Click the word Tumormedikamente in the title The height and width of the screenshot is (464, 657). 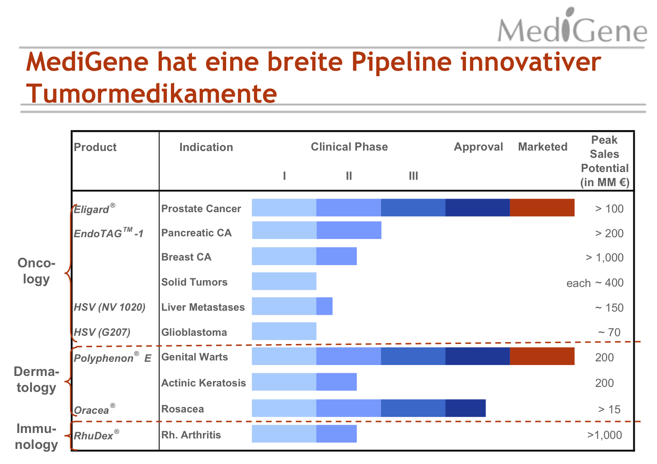[151, 94]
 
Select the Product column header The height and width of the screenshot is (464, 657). [95, 147]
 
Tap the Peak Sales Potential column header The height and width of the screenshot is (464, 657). [605, 161]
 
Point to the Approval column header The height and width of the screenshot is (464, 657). [478, 147]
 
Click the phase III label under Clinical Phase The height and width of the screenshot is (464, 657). [413, 176]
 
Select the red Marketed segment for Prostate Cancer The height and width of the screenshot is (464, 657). [542, 208]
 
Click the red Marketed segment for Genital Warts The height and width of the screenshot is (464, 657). [542, 356]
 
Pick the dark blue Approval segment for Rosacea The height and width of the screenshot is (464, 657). [465, 408]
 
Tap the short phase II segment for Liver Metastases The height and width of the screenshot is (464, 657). [324, 306]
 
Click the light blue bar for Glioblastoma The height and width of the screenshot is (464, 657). [284, 331]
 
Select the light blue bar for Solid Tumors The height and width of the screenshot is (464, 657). [284, 282]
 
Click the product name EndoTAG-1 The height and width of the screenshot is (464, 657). [109, 233]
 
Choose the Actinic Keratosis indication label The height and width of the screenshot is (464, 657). [203, 383]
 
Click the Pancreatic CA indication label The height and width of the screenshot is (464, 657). [197, 233]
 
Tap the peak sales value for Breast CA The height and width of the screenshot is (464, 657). [605, 258]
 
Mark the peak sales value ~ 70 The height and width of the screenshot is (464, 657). [609, 333]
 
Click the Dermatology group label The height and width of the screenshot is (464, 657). [36, 380]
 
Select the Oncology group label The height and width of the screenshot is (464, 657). [36, 271]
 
